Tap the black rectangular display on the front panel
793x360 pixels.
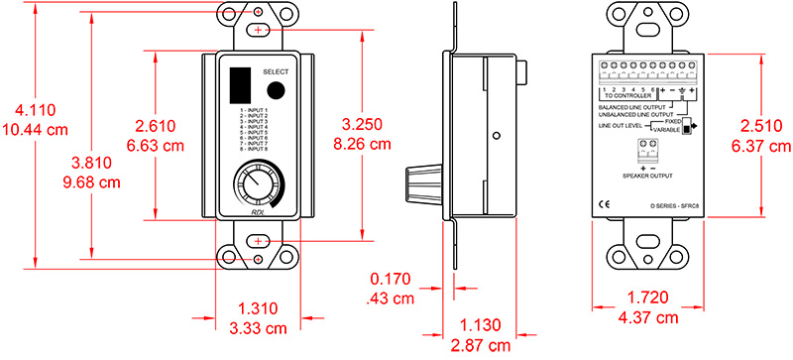coord(238,84)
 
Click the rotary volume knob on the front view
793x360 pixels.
coord(256,185)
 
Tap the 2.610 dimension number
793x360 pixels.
coord(154,125)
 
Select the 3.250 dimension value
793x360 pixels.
coord(361,125)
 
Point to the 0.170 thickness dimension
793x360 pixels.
coord(392,280)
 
